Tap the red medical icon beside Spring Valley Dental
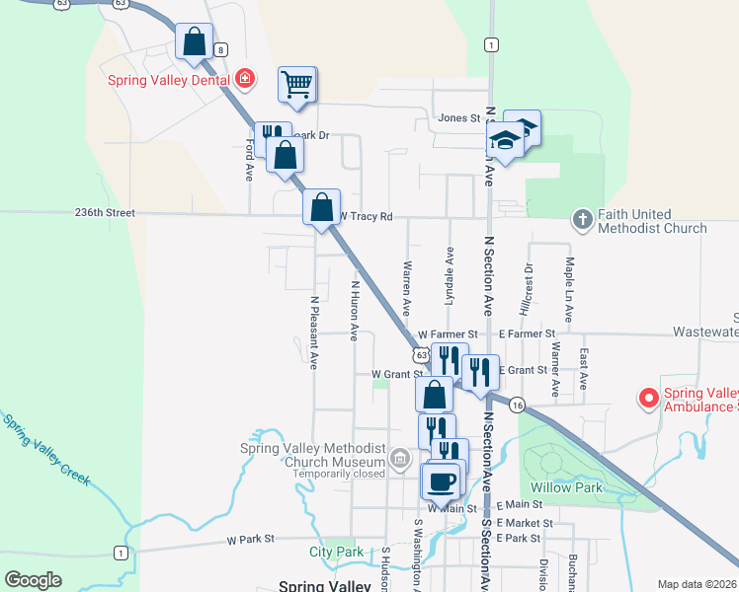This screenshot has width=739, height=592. pos(243,79)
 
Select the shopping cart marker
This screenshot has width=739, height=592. pos(296,85)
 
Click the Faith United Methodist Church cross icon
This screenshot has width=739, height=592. pos(583,220)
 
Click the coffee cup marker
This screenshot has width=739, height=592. pos(441,481)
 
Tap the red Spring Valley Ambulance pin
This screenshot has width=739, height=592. pos(648,399)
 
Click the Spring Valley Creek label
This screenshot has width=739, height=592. pos(45,450)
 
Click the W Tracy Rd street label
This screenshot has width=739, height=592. pos(367,216)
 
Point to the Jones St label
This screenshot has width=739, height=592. pos(458,118)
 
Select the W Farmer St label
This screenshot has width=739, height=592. pos(447,335)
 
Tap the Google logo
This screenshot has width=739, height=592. pos(33,580)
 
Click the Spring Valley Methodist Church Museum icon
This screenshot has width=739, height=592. pos(399,458)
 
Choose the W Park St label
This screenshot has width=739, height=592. pos(249,540)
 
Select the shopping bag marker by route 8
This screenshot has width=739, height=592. pos(194,42)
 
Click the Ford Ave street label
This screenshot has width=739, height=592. pos(249,159)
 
